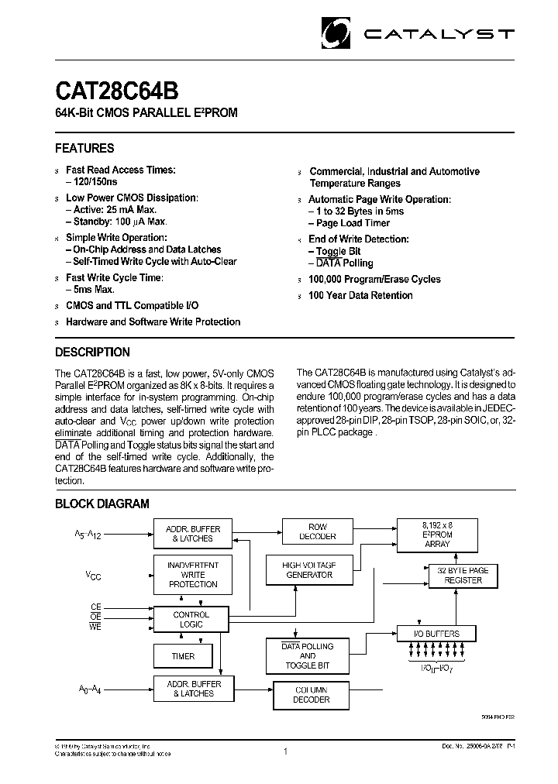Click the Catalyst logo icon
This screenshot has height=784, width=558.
[x=338, y=34]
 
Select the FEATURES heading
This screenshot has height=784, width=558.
[x=84, y=148]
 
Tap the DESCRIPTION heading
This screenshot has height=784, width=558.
[x=92, y=352]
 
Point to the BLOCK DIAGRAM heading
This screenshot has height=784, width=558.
[x=102, y=504]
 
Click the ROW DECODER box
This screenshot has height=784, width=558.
[x=318, y=531]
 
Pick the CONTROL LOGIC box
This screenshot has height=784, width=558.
[x=191, y=619]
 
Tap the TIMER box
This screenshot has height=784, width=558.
[x=184, y=656]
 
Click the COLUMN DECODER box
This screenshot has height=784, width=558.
[x=312, y=694]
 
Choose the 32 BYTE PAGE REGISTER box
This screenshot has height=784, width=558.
[x=463, y=576]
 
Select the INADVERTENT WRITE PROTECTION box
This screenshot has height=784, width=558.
[x=193, y=575]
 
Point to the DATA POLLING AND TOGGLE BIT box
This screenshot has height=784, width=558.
[x=307, y=655]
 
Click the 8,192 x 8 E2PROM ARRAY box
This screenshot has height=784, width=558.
[x=438, y=534]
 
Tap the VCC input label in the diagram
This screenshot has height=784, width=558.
[x=93, y=575]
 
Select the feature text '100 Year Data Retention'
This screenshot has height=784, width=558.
[x=360, y=295]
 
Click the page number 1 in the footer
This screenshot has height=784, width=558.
[x=286, y=751]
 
